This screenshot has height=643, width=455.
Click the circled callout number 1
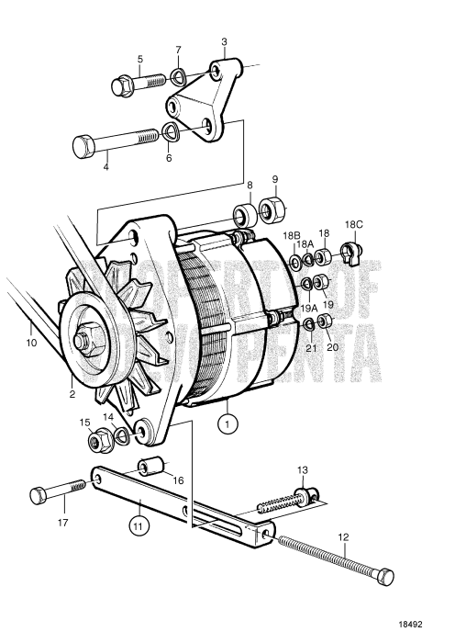coord(225,423)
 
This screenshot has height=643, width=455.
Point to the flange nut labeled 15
coord(99,442)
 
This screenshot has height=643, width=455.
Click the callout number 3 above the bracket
coord(223,42)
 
